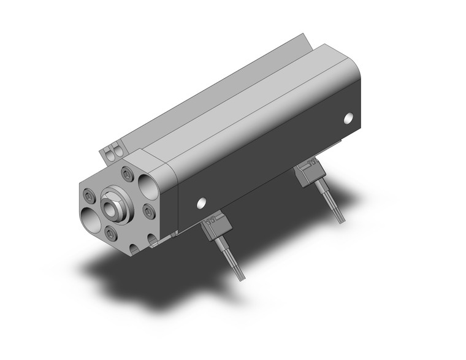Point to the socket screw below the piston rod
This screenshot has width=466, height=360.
click(x=110, y=233)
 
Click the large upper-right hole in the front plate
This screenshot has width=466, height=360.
click(x=149, y=183)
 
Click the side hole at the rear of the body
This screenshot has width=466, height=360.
click(x=349, y=117)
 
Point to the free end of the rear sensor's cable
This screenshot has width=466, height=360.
click(x=338, y=221)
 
